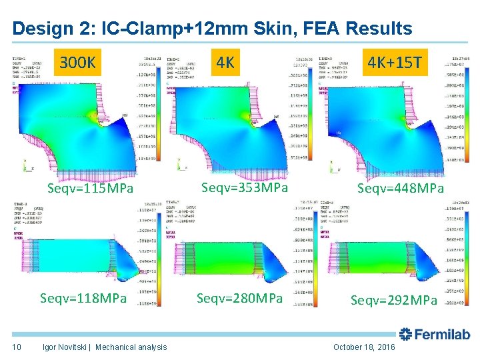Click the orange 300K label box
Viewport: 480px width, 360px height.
click(79, 64)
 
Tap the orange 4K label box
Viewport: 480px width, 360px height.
click(226, 63)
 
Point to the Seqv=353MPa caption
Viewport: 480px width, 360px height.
click(245, 188)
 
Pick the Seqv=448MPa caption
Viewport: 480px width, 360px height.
click(401, 189)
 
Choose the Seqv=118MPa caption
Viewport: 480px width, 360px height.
click(83, 297)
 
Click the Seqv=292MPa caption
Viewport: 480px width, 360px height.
click(394, 300)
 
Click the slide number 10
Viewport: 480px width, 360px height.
click(17, 347)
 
